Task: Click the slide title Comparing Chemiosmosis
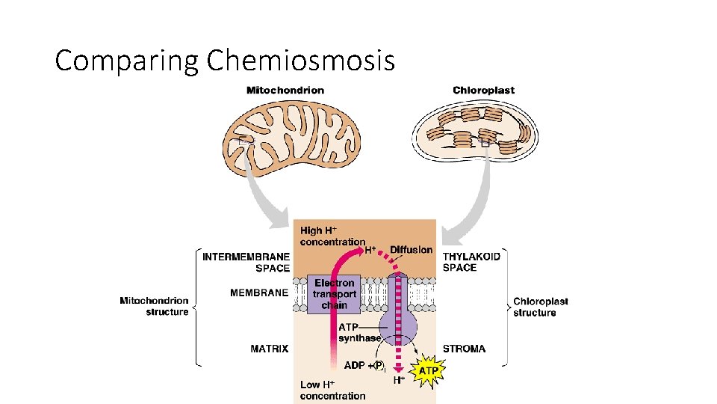pyautogui.click(x=224, y=60)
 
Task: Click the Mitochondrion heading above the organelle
pyautogui.click(x=285, y=91)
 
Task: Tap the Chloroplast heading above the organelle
pyautogui.click(x=483, y=91)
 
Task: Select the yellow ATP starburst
pyautogui.click(x=427, y=370)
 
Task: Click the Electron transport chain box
pyautogui.click(x=334, y=294)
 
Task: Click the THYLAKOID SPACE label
pyautogui.click(x=471, y=262)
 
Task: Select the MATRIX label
pyautogui.click(x=269, y=349)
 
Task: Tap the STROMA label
pyautogui.click(x=464, y=349)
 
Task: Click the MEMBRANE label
pyautogui.click(x=258, y=293)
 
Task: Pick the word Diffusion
pyautogui.click(x=411, y=250)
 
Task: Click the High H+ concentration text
pyautogui.click(x=332, y=236)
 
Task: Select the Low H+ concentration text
pyautogui.click(x=332, y=390)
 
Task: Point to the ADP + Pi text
pyautogui.click(x=364, y=366)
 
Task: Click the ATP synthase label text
pyautogui.click(x=359, y=333)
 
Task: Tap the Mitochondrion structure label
pyautogui.click(x=154, y=307)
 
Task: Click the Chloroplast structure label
pyautogui.click(x=540, y=307)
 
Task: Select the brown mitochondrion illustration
pyautogui.click(x=292, y=139)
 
